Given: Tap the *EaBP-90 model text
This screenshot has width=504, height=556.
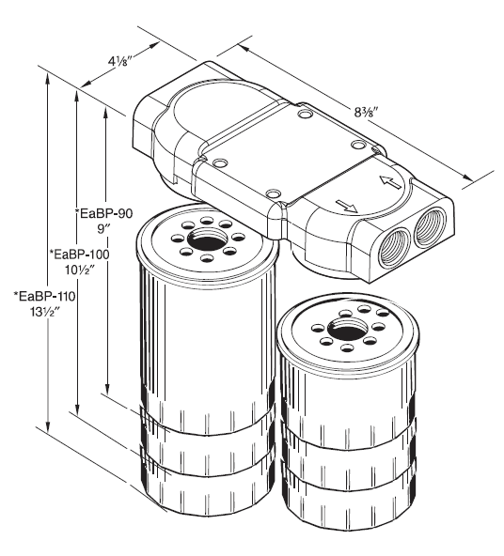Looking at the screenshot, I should [104, 214].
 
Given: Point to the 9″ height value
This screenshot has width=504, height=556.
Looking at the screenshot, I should [105, 231].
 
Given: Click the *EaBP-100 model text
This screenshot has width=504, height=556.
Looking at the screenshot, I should [78, 255].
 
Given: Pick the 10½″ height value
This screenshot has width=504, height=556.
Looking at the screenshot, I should [80, 271].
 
